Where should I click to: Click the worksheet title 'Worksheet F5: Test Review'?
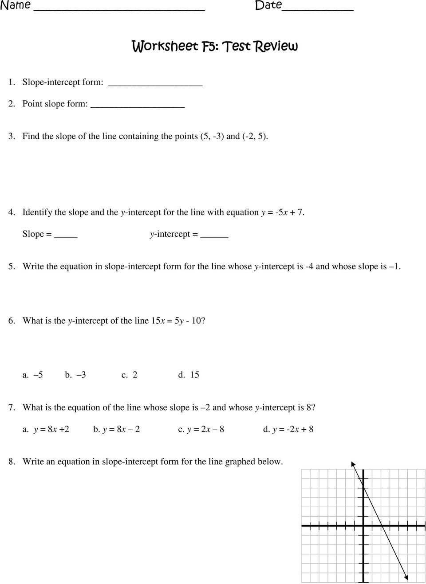pyautogui.click(x=215, y=46)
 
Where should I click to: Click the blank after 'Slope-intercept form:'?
pyautogui.click(x=155, y=84)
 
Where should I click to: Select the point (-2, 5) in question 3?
pyautogui.click(x=255, y=136)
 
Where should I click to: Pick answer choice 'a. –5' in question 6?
pyautogui.click(x=33, y=375)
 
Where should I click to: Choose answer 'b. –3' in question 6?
pyautogui.click(x=75, y=375)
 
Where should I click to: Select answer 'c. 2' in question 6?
pyautogui.click(x=130, y=375)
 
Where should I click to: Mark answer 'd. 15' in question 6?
pyautogui.click(x=189, y=375)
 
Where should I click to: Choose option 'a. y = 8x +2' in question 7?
pyautogui.click(x=46, y=429)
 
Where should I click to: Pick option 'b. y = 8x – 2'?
pyautogui.click(x=116, y=429)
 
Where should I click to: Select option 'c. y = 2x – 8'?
pyautogui.click(x=201, y=429)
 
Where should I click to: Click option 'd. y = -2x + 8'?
pyautogui.click(x=288, y=429)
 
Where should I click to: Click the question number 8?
pyautogui.click(x=12, y=462)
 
